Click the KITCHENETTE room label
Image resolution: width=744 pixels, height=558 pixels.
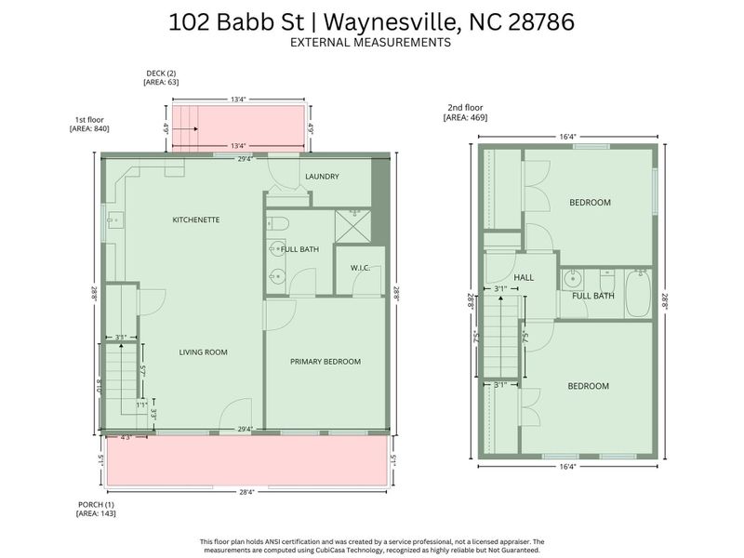coord(195,219)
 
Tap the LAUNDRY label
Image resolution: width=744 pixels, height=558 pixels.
coord(322,176)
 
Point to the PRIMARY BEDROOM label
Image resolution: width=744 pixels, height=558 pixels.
coord(325,362)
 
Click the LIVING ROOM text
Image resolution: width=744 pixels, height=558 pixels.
coord(203,352)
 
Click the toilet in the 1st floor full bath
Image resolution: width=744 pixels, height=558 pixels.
coord(279,224)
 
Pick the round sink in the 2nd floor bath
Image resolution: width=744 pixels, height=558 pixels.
coord(571,278)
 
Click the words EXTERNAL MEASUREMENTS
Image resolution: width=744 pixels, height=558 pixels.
coord(370,43)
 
